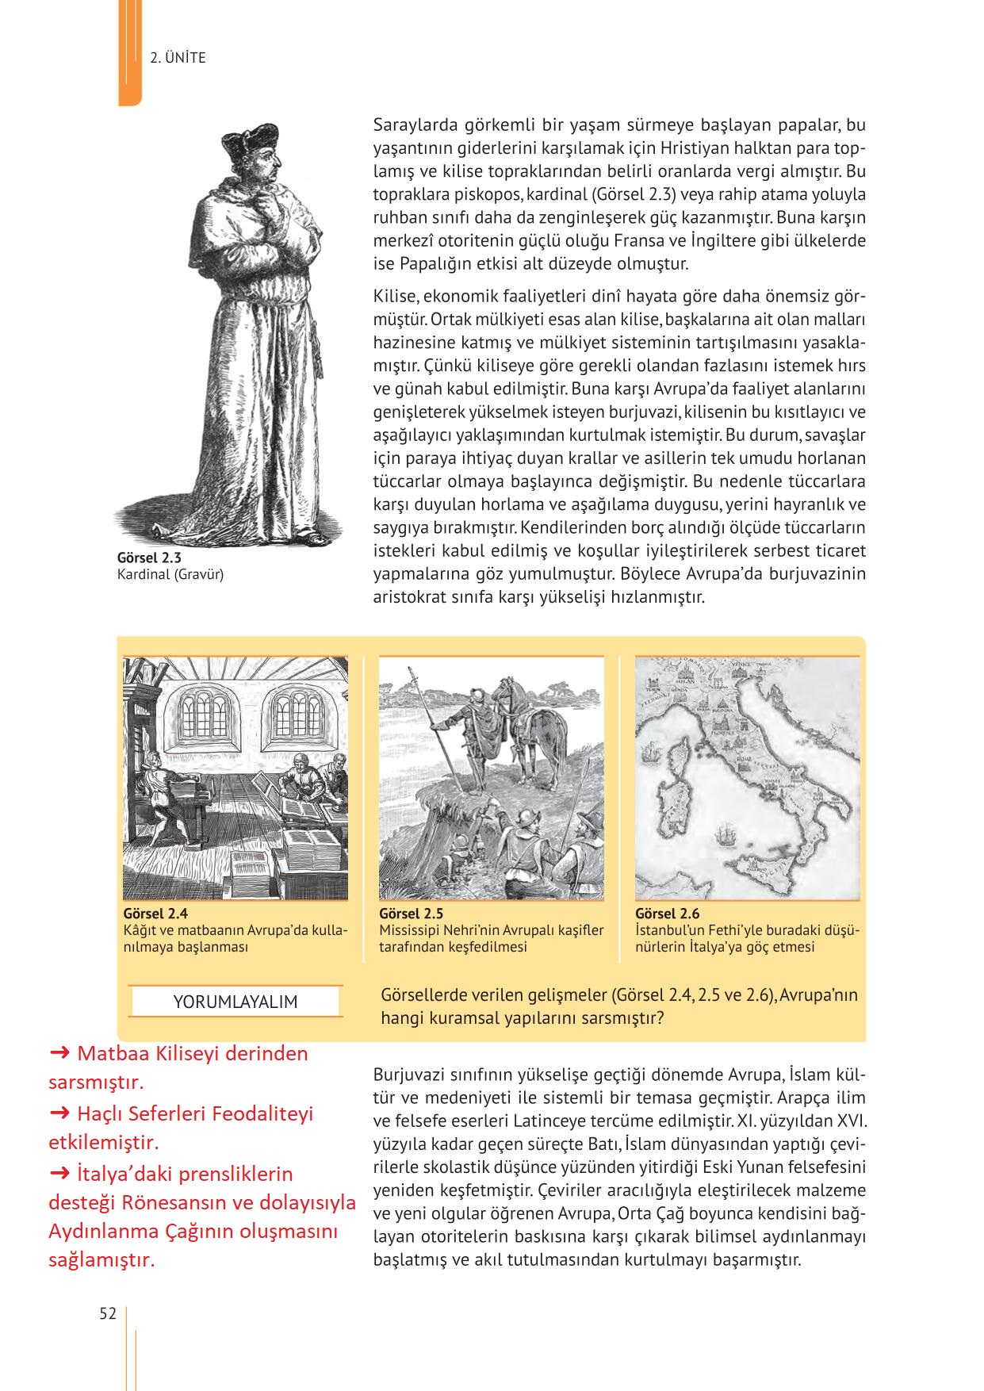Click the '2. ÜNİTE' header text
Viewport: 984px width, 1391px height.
coord(178,58)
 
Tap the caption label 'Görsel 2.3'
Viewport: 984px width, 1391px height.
coord(149,558)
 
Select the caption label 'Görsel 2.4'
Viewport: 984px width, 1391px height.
coord(155,914)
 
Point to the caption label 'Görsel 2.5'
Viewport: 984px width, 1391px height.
coord(411,914)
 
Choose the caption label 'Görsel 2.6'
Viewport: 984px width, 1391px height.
coord(667,914)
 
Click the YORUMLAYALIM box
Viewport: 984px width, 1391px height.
coord(235,1002)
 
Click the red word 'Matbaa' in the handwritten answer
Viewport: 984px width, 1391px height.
coord(111,1054)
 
